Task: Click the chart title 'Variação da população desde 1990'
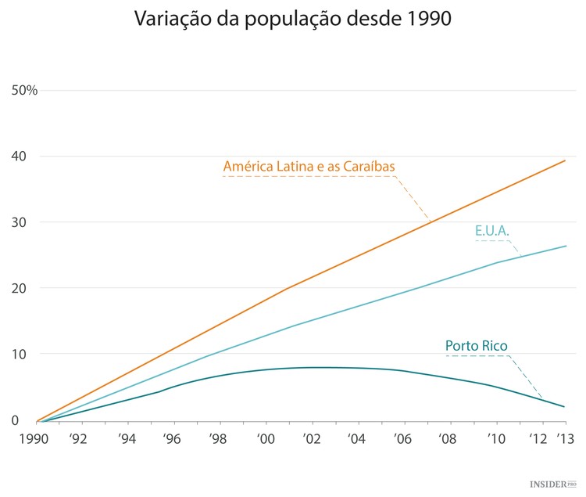click(x=293, y=19)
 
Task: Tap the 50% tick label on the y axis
click(x=24, y=90)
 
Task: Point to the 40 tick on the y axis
click(x=19, y=157)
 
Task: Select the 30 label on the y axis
click(x=19, y=222)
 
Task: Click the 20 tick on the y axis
click(x=19, y=288)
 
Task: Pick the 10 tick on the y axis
click(x=19, y=354)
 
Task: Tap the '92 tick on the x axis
click(x=79, y=439)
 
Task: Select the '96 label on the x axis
click(x=172, y=439)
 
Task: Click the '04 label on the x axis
click(x=356, y=439)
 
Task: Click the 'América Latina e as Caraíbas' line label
click(x=309, y=166)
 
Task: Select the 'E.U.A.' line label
click(x=491, y=231)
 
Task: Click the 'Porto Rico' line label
click(x=477, y=346)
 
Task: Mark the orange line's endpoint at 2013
click(x=566, y=160)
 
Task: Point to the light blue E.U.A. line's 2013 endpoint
click(x=566, y=246)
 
